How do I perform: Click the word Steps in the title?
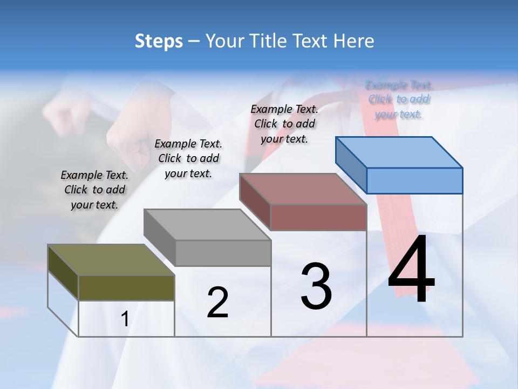[x=159, y=41]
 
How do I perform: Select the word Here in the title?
[x=354, y=41]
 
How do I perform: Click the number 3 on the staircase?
[x=316, y=286]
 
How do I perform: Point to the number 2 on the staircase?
[x=217, y=302]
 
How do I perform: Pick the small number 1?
[x=125, y=319]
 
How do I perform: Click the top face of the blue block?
[x=399, y=152]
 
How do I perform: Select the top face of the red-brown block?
[x=303, y=189]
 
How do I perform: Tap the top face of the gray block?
[x=207, y=224]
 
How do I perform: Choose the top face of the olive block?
[x=111, y=260]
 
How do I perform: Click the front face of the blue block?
[x=414, y=180]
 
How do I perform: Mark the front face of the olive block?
[x=126, y=287]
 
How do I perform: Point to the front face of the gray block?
[x=223, y=253]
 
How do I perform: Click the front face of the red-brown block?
[x=318, y=217]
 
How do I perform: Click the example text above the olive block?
[x=94, y=190]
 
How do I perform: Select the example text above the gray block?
[x=188, y=158]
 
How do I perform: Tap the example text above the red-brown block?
[x=284, y=124]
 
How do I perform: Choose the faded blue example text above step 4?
[x=399, y=99]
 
